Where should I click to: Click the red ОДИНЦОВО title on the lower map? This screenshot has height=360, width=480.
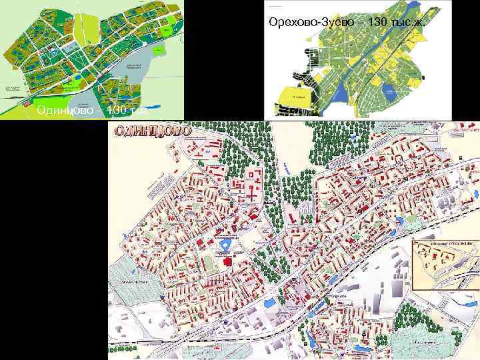[154, 131]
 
